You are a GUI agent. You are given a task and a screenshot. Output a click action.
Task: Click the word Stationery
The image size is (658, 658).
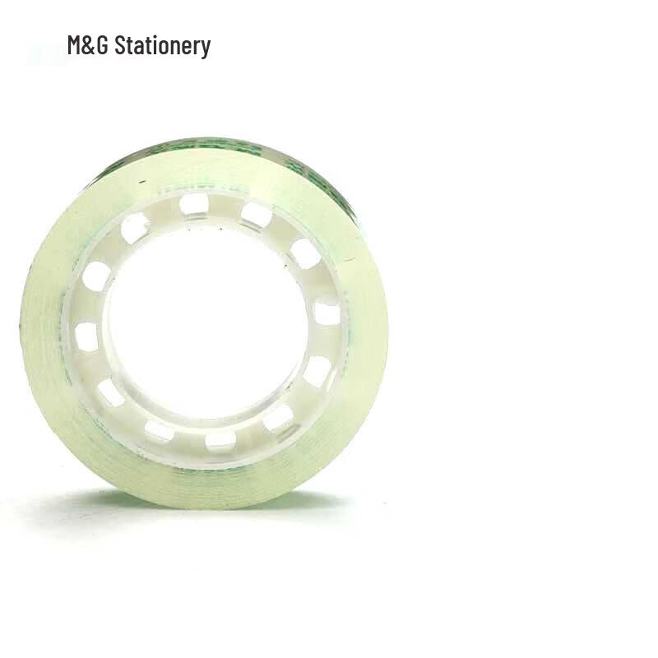click(x=162, y=45)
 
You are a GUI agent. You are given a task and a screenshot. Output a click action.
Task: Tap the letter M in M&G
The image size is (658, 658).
click(x=75, y=45)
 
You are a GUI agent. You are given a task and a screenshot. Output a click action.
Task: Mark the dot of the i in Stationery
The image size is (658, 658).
click(x=153, y=37)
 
